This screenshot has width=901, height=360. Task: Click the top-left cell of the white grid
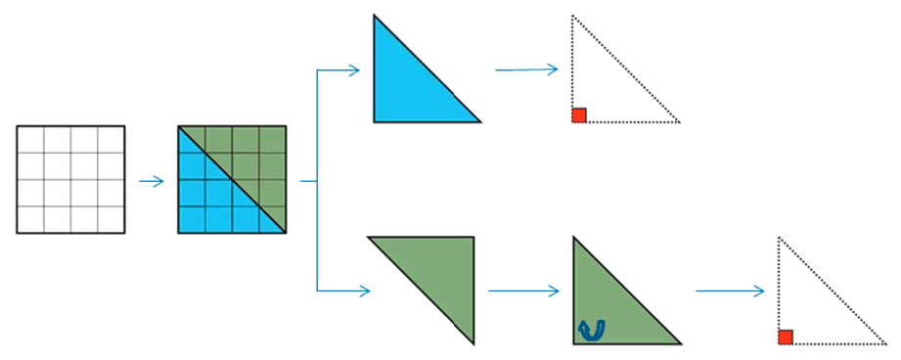pos(30,139)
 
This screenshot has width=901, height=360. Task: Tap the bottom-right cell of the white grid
pos(111,219)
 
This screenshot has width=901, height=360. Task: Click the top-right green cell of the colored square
pos(272,139)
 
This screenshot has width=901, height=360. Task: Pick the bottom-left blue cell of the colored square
pos(192,219)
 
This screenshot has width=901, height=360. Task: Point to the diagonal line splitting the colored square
pos(232,179)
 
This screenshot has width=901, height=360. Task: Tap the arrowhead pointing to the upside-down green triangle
pos(365,291)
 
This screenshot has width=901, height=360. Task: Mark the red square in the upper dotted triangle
pos(579,114)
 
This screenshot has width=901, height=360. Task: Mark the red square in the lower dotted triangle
pos(785,337)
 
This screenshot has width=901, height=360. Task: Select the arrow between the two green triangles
pos(522,291)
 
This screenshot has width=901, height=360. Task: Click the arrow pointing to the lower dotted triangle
pos(730,291)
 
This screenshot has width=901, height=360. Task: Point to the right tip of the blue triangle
pos(479,121)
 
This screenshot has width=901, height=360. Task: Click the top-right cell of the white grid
pos(111,139)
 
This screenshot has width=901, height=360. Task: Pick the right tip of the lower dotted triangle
pos(884,343)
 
